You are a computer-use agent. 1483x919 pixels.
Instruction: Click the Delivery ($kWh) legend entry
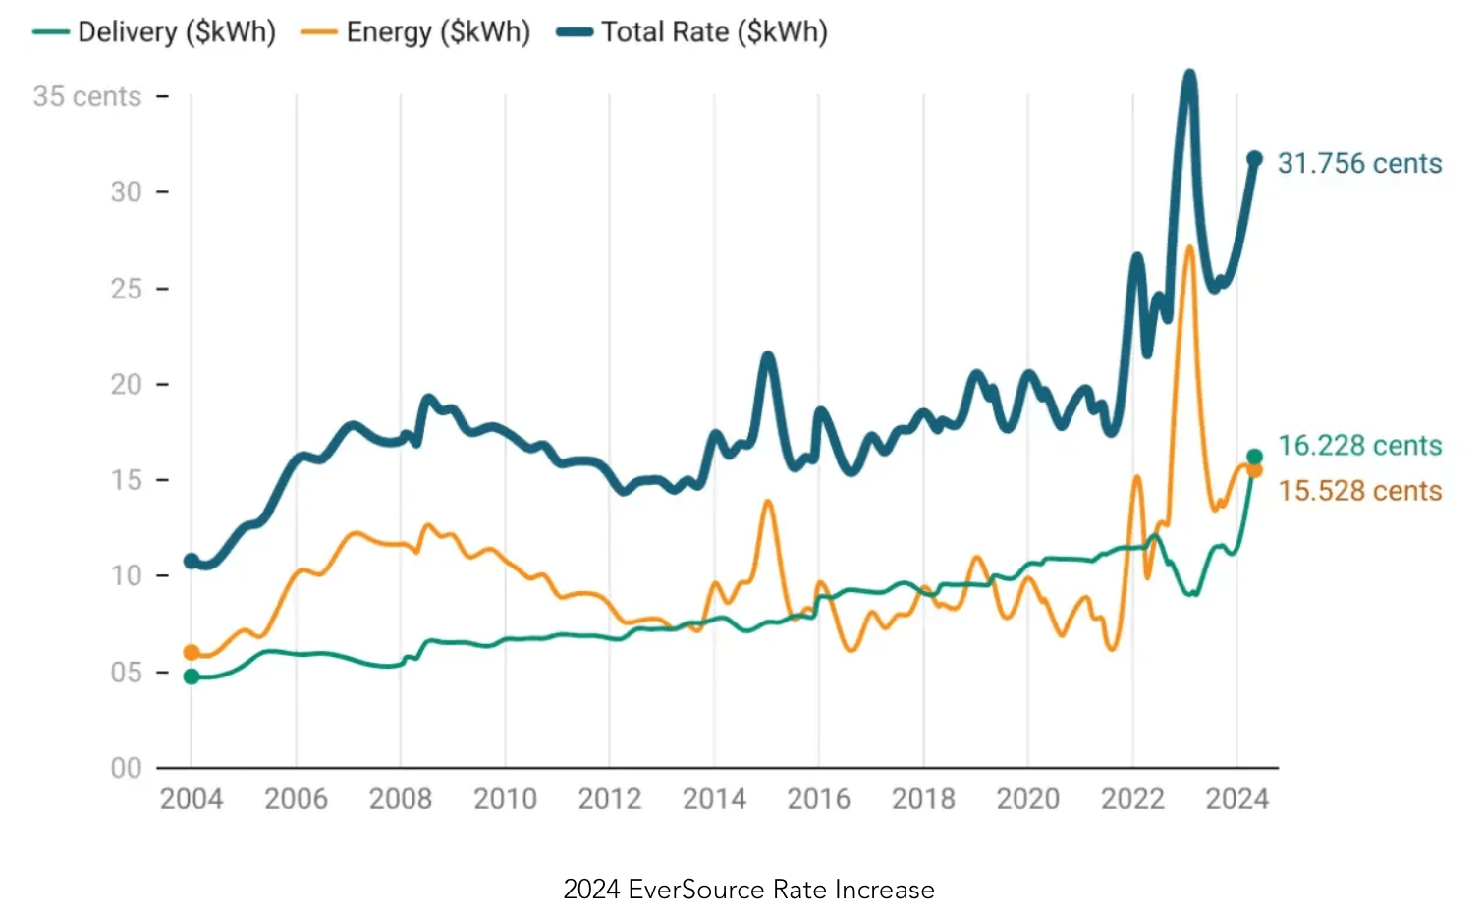click(x=155, y=32)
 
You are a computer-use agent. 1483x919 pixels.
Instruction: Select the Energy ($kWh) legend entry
click(x=416, y=32)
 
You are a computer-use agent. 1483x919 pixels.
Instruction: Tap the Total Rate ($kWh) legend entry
click(x=692, y=32)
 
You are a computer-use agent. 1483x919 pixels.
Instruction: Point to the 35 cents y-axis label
click(x=86, y=96)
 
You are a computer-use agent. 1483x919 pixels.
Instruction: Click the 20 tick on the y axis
click(x=126, y=384)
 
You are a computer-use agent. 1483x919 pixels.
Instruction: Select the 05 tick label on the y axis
click(x=126, y=673)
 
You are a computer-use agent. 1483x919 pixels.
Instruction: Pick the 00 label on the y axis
click(x=126, y=768)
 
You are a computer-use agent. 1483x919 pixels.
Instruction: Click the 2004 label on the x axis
click(x=192, y=799)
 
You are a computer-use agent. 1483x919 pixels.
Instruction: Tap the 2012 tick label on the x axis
click(x=610, y=799)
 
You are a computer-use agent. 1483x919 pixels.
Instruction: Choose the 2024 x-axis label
click(x=1237, y=799)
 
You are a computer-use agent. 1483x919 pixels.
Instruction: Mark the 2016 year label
click(x=819, y=799)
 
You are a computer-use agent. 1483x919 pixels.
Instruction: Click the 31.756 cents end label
click(x=1359, y=163)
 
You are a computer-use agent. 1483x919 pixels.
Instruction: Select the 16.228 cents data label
click(x=1359, y=446)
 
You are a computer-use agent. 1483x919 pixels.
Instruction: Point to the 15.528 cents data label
click(x=1359, y=491)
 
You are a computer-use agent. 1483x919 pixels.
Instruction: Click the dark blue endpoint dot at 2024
click(x=1254, y=159)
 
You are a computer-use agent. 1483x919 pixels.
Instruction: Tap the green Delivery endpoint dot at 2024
click(x=1254, y=457)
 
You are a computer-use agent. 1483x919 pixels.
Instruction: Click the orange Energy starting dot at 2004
click(x=192, y=653)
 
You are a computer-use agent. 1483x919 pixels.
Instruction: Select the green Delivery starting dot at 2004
click(x=192, y=676)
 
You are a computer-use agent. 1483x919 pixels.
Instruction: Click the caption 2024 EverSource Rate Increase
click(x=748, y=890)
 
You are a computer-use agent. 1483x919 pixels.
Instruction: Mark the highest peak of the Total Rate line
click(x=1189, y=75)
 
